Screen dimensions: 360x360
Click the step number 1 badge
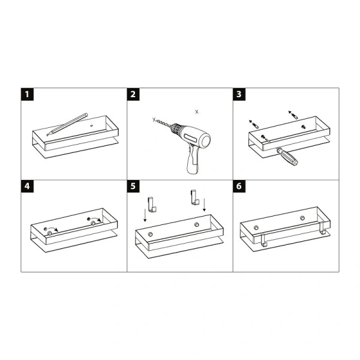tap(28, 94)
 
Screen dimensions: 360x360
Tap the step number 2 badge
tap(133, 94)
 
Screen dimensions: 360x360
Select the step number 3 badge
tap(239, 94)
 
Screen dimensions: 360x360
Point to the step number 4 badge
tap(28, 186)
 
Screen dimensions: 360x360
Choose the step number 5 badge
tap(133, 186)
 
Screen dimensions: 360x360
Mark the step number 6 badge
tap(239, 186)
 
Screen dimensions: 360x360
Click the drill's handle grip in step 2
tap(193, 160)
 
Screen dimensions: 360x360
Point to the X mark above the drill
tap(197, 112)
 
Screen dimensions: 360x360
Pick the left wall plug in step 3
tap(254, 124)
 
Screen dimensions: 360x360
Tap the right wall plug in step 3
tap(293, 114)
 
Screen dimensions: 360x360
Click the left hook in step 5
tap(152, 204)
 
